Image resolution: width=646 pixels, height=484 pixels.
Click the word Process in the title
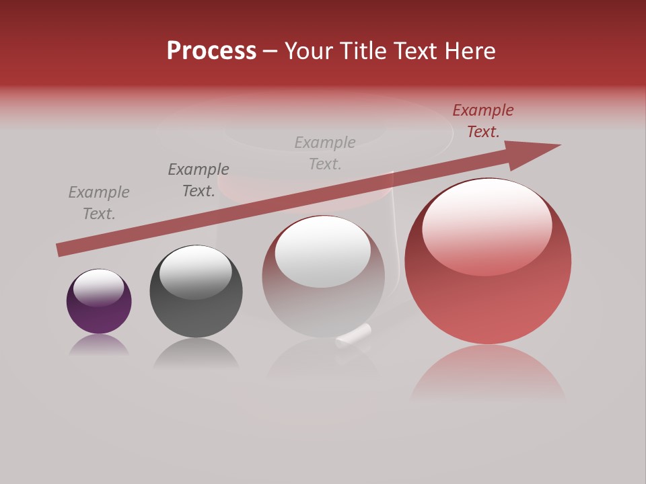pyautogui.click(x=211, y=51)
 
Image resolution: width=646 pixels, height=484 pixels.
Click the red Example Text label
pyautogui.click(x=482, y=121)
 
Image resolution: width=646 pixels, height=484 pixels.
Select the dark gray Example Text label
pyautogui.click(x=199, y=180)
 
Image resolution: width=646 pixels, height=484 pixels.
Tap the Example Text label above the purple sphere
pyautogui.click(x=99, y=203)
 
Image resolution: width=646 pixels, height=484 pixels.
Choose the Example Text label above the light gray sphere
pyautogui.click(x=325, y=153)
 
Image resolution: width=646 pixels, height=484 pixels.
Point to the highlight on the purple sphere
pyautogui.click(x=99, y=286)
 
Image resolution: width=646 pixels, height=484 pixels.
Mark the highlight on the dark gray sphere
pyautogui.click(x=196, y=272)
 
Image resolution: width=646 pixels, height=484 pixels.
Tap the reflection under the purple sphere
pyautogui.click(x=99, y=344)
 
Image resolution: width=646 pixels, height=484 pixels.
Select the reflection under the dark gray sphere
pyautogui.click(x=196, y=353)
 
